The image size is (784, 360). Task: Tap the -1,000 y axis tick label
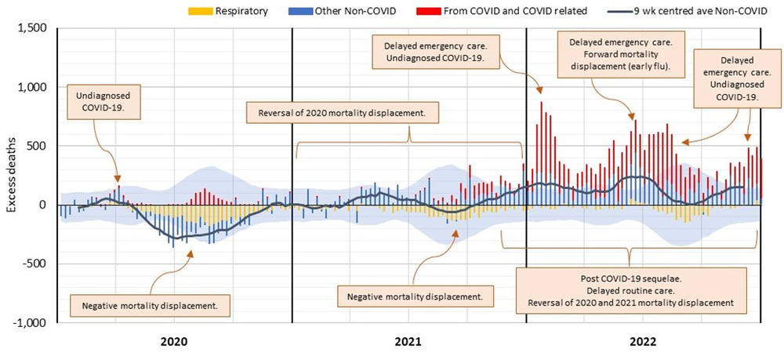pyautogui.click(x=31, y=322)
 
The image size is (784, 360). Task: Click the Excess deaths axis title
pyautogui.click(x=10, y=176)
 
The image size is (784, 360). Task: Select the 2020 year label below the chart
pyautogui.click(x=173, y=342)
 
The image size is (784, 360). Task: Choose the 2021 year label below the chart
pyautogui.click(x=408, y=342)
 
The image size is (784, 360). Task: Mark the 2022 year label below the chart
pyautogui.click(x=644, y=342)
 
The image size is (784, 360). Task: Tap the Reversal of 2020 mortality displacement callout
pyautogui.click(x=341, y=113)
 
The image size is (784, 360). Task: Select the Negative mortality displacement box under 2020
pyautogui.click(x=151, y=304)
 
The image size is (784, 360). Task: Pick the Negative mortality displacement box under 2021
pyautogui.click(x=416, y=296)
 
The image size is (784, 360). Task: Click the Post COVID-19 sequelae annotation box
pyautogui.click(x=632, y=291)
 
